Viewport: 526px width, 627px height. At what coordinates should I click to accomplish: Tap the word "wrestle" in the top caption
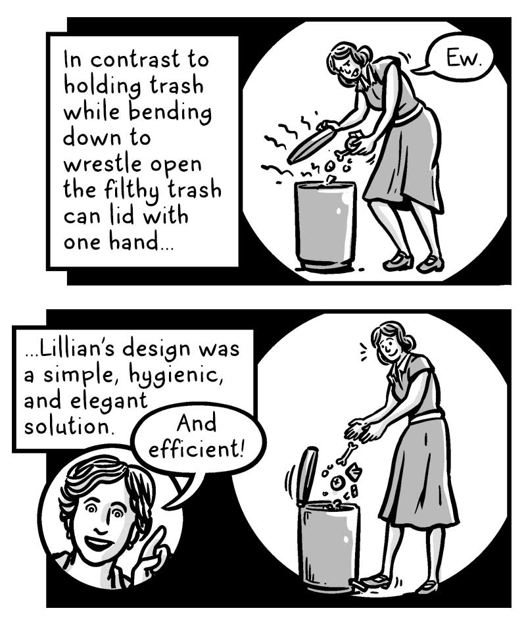click(99, 164)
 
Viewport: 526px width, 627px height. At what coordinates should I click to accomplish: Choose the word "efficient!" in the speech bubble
click(196, 450)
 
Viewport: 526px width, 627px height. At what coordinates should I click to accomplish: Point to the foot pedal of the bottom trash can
click(360, 585)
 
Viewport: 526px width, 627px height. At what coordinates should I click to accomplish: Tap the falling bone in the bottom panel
click(345, 455)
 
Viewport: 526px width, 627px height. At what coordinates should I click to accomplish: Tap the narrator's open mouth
click(97, 543)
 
